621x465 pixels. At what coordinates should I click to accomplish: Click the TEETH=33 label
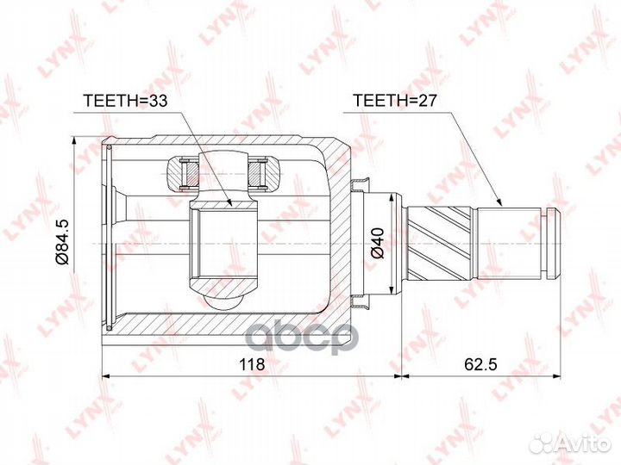coord(124,100)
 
